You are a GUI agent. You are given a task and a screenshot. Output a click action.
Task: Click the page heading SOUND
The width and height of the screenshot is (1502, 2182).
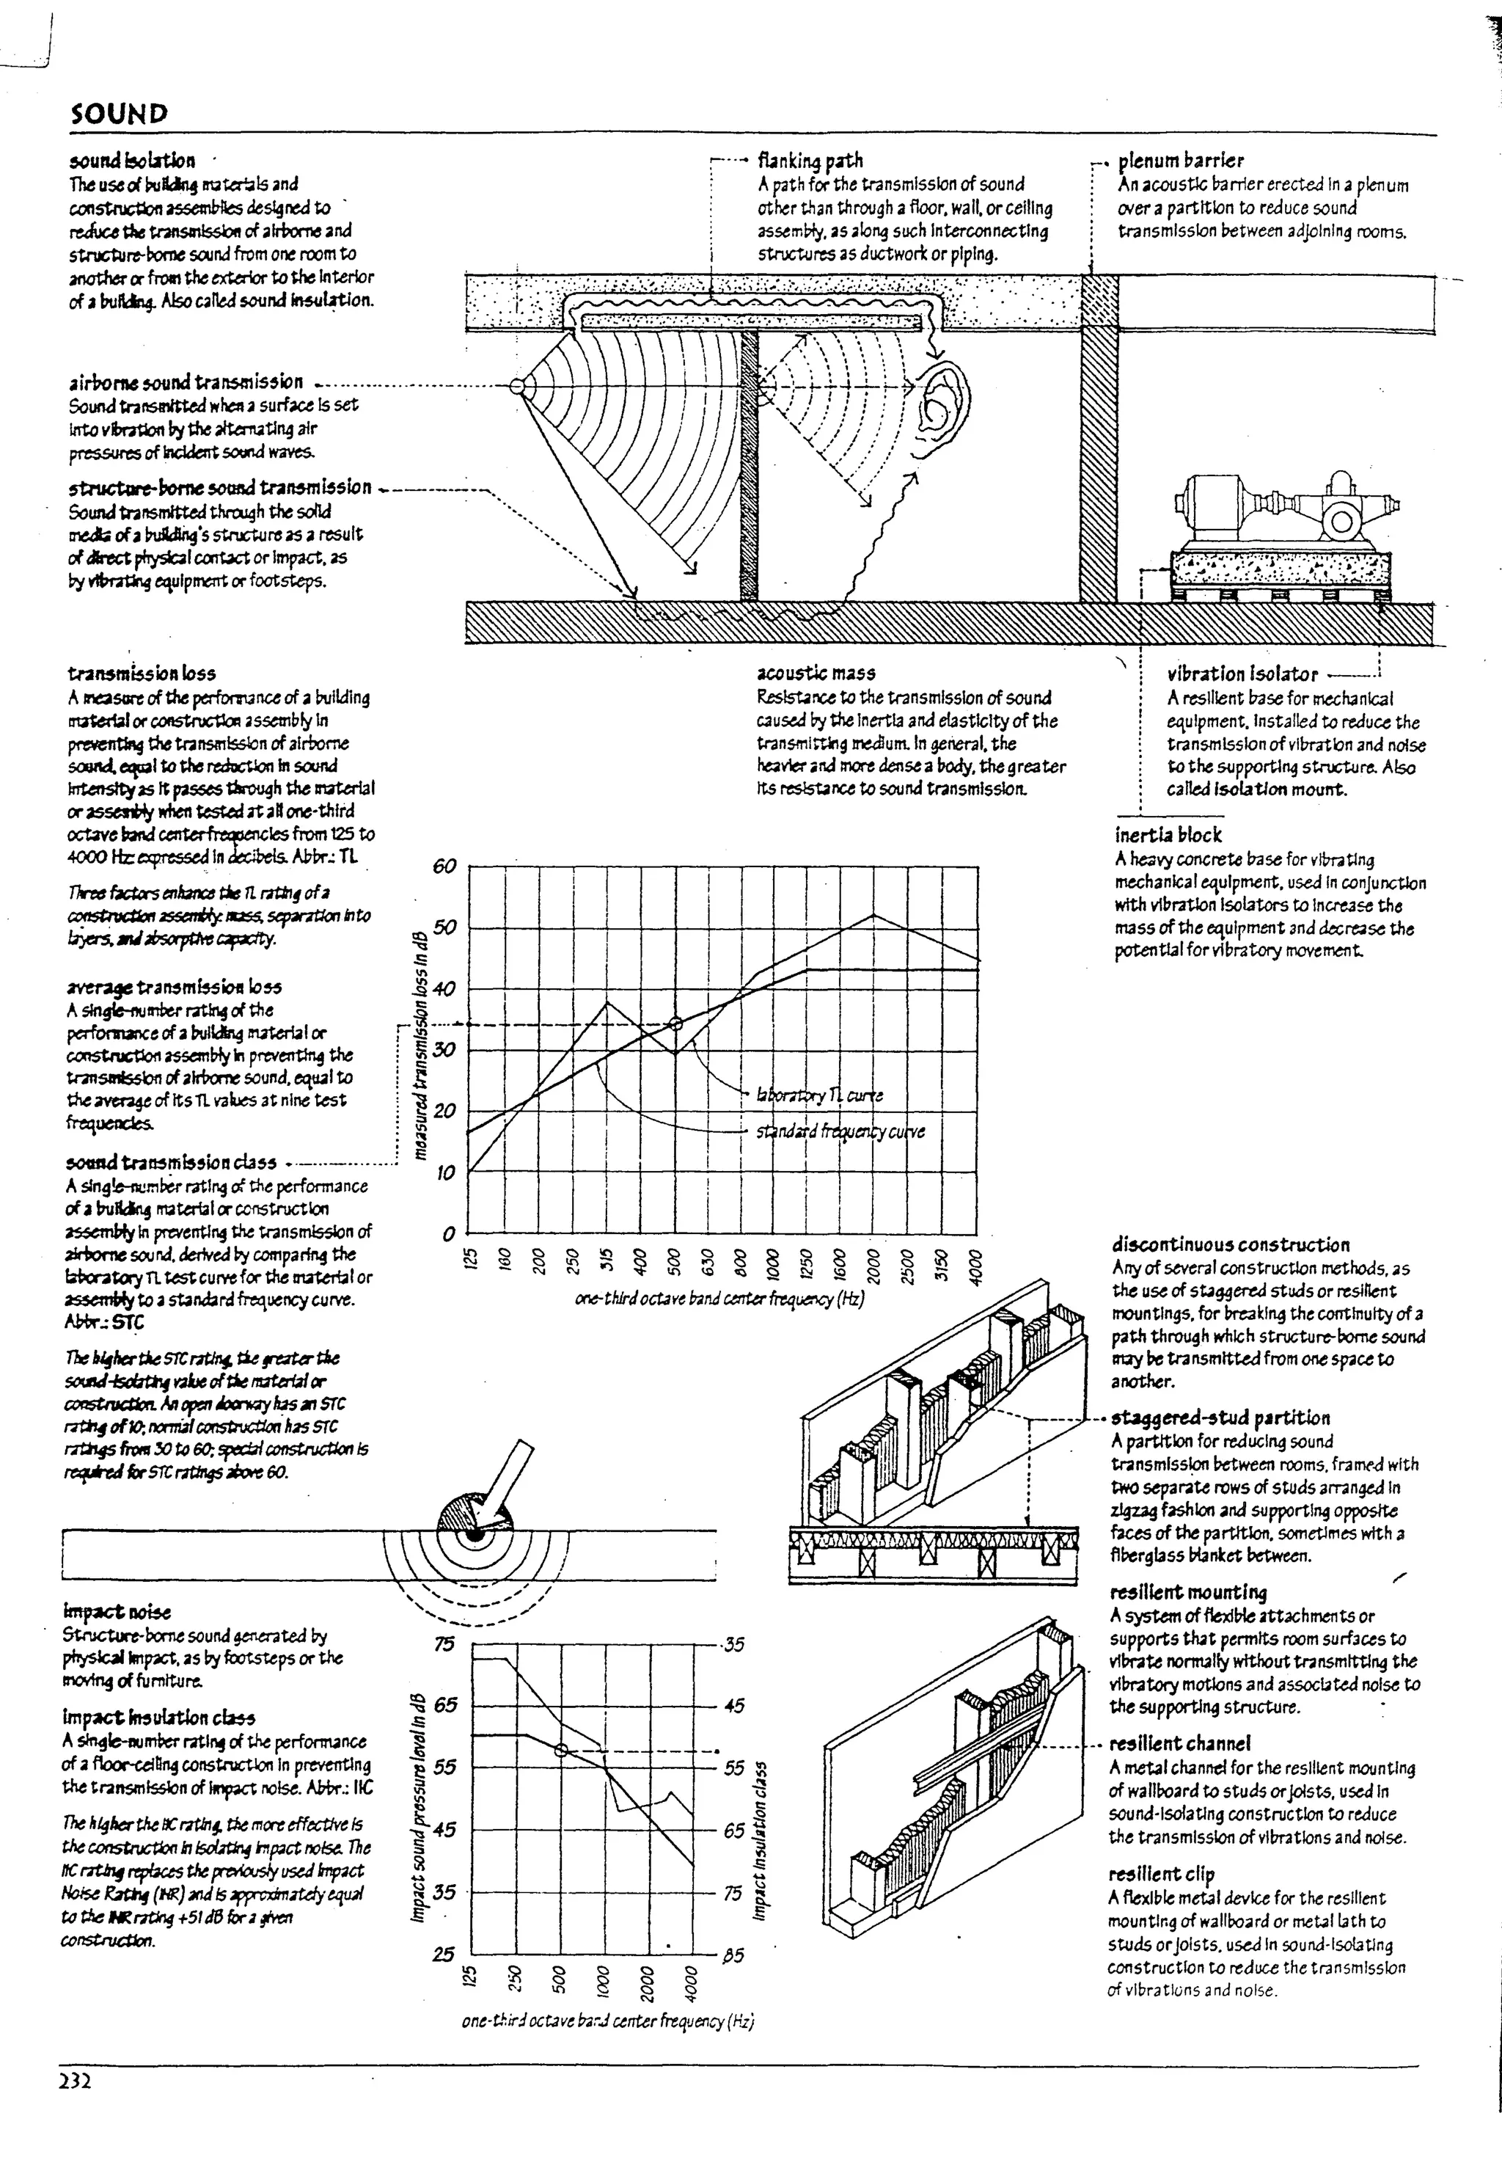click(119, 114)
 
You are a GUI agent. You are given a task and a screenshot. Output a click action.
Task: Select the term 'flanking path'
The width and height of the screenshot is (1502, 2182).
click(810, 161)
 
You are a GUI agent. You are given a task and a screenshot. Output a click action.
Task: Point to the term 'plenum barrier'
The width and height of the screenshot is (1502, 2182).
click(1180, 161)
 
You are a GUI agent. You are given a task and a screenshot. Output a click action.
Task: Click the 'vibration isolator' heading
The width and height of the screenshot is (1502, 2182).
click(1242, 674)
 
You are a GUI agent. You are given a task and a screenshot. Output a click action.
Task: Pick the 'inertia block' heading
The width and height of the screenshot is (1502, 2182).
click(1167, 835)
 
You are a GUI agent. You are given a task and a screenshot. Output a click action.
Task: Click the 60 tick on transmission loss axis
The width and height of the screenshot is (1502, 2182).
click(444, 866)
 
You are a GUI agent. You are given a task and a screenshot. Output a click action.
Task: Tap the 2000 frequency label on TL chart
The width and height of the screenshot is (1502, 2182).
click(873, 1258)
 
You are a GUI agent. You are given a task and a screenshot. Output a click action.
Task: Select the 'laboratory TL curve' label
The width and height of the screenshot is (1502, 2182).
click(818, 1095)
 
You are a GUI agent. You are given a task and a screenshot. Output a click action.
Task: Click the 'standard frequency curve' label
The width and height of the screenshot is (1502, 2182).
click(840, 1131)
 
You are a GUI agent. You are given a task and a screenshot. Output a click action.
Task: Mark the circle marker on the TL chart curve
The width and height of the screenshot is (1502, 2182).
click(675, 1024)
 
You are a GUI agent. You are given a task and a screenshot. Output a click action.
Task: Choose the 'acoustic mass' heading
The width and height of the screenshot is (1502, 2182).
click(816, 673)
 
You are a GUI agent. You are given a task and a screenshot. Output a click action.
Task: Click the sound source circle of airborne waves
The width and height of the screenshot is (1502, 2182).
click(516, 386)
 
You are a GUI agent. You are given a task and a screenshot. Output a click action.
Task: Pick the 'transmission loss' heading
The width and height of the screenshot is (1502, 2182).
click(141, 673)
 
